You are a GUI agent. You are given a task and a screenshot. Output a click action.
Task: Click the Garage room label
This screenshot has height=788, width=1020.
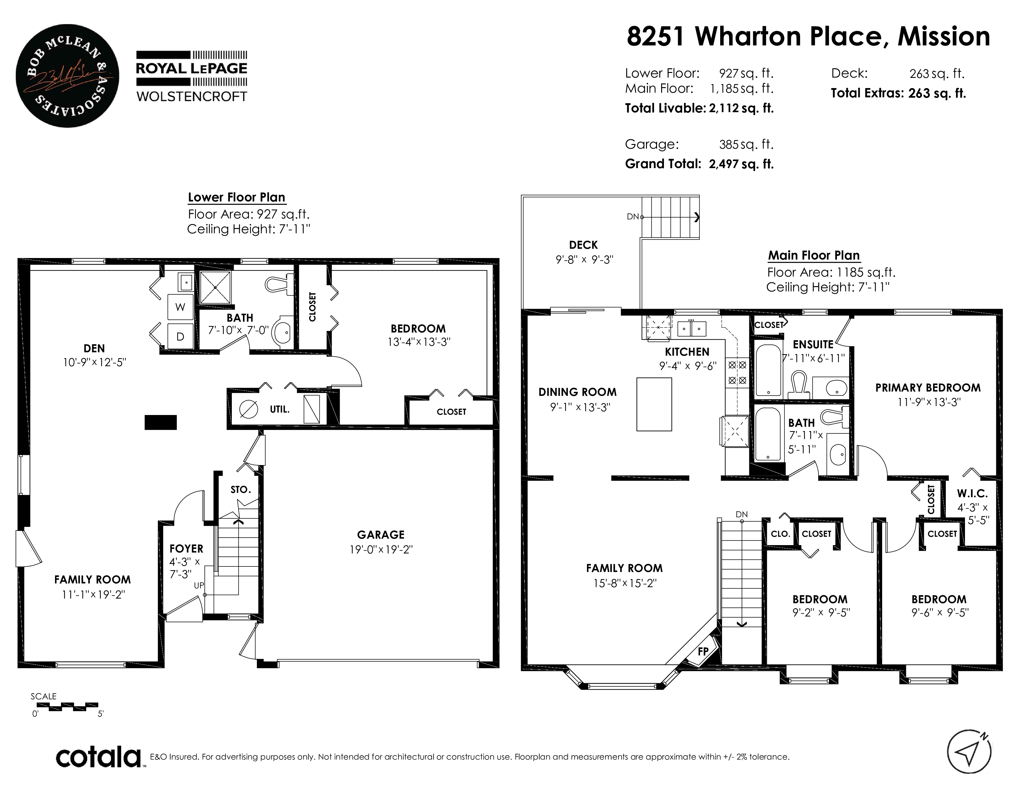[x=380, y=535]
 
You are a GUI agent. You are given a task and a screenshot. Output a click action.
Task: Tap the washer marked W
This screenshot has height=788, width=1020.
[x=180, y=307]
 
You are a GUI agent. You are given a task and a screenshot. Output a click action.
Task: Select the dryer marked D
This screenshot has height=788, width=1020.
[x=180, y=336]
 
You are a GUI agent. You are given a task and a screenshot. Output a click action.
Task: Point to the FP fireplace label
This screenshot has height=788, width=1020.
[x=703, y=651]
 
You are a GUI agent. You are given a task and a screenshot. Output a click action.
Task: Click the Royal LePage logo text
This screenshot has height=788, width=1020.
[x=192, y=68]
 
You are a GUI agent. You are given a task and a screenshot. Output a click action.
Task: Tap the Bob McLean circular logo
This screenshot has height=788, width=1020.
[x=67, y=76]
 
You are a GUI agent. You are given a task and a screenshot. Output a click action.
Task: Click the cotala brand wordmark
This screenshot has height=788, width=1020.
[x=99, y=757]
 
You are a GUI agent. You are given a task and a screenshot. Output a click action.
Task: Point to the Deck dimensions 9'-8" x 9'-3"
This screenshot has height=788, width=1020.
[x=584, y=260]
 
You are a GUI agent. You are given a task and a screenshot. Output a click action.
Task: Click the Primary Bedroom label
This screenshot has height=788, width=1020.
[x=928, y=388]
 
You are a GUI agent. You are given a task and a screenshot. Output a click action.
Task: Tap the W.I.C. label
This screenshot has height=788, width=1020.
[x=972, y=494]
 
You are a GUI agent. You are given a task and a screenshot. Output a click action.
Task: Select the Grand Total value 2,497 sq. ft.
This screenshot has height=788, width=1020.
[x=741, y=164]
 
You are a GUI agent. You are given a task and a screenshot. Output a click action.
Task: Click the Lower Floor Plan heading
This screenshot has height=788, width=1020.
[x=236, y=197]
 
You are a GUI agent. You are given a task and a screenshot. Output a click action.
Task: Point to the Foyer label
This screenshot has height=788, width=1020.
[x=186, y=549]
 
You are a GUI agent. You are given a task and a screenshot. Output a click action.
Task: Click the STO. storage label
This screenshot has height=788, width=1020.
[x=240, y=489]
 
